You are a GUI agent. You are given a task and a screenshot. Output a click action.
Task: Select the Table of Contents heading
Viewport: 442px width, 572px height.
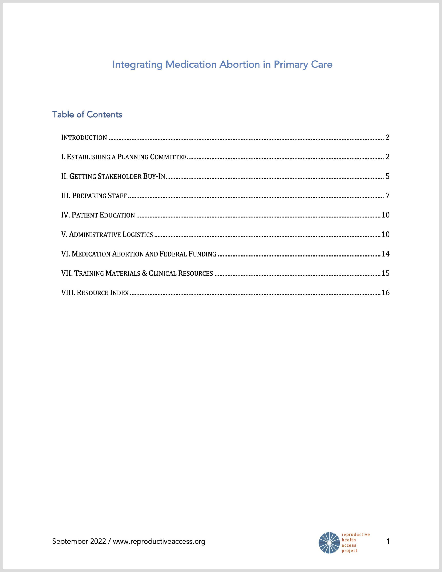tap(87, 114)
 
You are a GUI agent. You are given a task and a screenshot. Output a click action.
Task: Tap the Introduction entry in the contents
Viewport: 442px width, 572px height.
tap(84, 137)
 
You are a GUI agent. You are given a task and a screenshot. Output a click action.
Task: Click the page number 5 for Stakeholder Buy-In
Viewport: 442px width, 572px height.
tap(387, 176)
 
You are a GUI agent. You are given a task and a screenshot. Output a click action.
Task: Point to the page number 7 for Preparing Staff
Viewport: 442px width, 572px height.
tap(387, 196)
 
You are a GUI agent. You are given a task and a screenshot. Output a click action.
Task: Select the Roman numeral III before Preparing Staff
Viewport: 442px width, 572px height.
tap(66, 196)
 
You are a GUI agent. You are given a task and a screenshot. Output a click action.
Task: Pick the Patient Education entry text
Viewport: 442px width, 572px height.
tap(98, 215)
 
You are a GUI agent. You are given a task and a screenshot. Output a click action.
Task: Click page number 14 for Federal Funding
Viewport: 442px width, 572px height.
tap(385, 254)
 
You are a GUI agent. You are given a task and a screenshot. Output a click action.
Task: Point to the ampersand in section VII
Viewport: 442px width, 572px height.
tap(145, 273)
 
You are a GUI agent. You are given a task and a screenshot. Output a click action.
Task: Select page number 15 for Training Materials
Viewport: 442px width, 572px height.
tap(385, 273)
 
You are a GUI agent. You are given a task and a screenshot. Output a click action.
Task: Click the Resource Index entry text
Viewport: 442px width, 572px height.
tap(95, 292)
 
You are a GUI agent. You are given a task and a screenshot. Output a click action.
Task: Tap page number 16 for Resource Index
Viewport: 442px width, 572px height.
tap(385, 292)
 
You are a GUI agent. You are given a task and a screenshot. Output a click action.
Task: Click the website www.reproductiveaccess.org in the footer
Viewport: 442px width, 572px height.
tap(159, 541)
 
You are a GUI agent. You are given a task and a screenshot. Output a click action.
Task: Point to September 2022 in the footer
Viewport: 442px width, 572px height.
tap(79, 541)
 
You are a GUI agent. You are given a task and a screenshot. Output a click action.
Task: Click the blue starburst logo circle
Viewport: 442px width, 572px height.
tap(329, 543)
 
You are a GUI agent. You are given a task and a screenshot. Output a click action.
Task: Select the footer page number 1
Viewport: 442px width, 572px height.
tap(388, 541)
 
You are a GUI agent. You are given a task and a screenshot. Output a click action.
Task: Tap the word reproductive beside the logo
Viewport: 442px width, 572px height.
tap(356, 534)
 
